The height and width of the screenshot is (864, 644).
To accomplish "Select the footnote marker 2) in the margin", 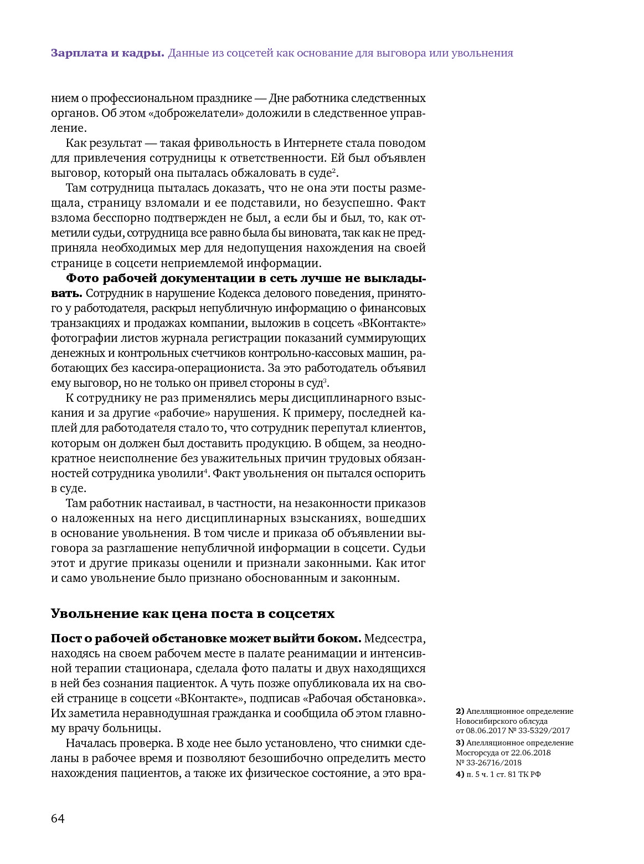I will [460, 711].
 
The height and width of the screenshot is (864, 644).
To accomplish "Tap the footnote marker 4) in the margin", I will [460, 774].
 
